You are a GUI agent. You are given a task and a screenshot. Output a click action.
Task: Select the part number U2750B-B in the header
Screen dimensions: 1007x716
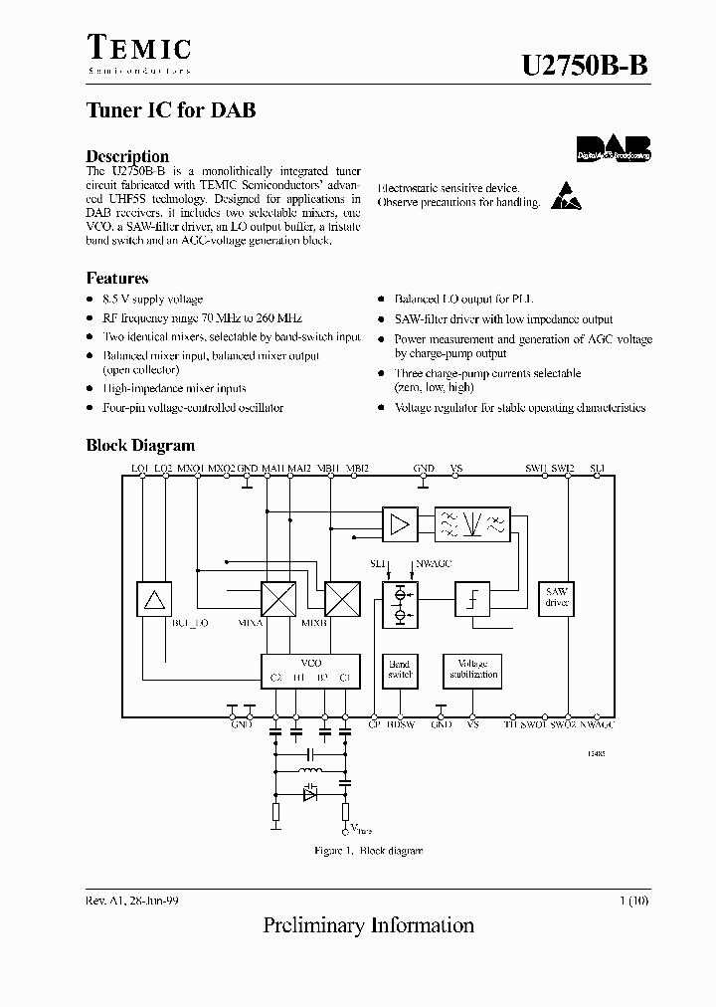pos(585,67)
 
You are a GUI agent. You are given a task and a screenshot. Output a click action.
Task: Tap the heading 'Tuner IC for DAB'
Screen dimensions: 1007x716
pos(171,110)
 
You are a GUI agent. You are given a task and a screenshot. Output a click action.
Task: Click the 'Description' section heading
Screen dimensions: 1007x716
pos(127,156)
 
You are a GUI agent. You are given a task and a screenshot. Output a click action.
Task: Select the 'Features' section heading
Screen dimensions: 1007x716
pos(117,279)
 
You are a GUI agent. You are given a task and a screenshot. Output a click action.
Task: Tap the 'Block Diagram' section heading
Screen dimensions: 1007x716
pos(140,446)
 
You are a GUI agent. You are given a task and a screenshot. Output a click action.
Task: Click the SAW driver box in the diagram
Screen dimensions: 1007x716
pos(556,598)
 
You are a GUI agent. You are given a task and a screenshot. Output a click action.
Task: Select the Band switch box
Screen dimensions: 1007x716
pos(399,670)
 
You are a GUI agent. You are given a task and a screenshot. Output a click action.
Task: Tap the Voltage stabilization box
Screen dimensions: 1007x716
pos(472,670)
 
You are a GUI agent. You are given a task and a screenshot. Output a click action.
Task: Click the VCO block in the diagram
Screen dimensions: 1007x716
pos(310,670)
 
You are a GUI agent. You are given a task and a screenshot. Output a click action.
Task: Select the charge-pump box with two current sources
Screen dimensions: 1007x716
pos(400,604)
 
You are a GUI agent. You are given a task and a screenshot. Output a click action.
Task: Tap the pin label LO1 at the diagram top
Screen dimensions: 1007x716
pos(139,468)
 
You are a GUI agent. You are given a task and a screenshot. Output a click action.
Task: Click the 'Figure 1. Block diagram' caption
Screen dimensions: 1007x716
pos(369,851)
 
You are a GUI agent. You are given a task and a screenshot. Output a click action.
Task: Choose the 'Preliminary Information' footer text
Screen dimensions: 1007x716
pos(368,926)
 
